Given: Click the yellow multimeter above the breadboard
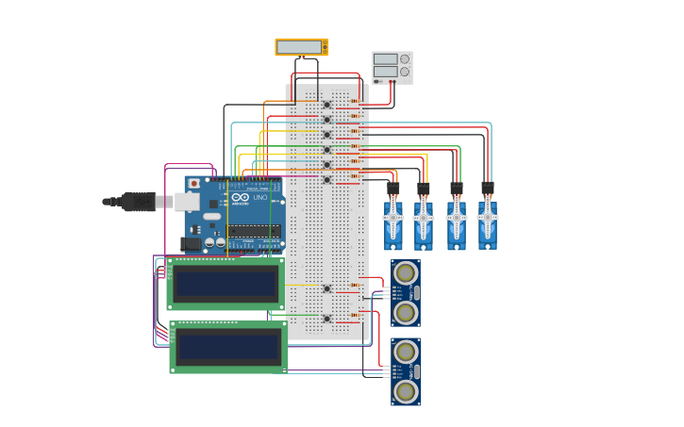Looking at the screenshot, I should [x=301, y=46].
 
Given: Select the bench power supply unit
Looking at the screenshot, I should [x=392, y=67].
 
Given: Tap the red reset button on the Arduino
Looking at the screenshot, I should [x=194, y=183].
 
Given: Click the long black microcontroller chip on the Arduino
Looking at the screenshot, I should [x=253, y=231].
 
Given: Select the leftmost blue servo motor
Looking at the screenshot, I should [x=393, y=222].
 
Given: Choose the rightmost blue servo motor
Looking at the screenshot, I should [x=487, y=222].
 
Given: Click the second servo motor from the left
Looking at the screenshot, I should [x=424, y=222].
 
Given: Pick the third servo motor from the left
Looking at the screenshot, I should [x=456, y=222].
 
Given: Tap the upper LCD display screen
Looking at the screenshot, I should [x=225, y=284].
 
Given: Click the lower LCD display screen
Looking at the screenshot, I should [x=227, y=346].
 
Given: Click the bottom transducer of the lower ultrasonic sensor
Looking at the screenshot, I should [x=406, y=391].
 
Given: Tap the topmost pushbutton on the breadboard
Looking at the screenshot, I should [x=327, y=105].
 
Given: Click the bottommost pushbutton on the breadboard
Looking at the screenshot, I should [x=327, y=319].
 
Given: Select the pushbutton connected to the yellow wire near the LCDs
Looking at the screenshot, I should [x=327, y=288].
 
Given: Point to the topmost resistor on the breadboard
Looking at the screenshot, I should [x=356, y=101].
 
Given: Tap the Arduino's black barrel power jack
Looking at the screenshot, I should [x=191, y=243].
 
